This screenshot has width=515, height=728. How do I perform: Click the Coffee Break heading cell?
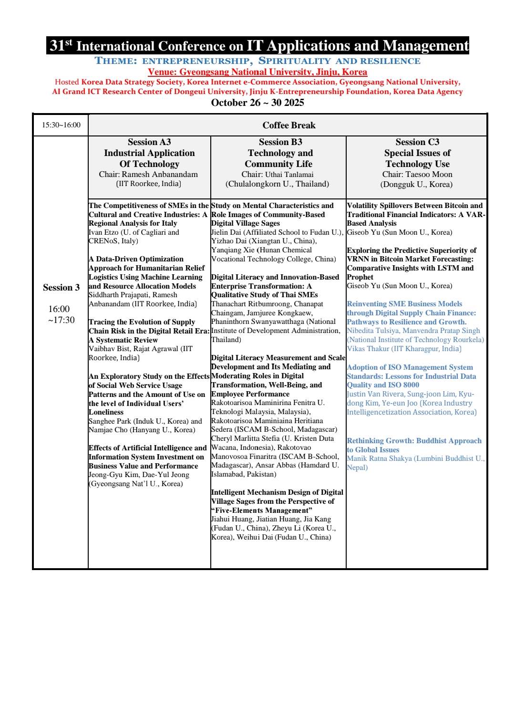288,125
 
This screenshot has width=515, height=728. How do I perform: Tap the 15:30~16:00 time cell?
61,125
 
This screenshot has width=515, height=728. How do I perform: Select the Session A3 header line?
149,142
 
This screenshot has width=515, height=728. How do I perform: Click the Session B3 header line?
280,142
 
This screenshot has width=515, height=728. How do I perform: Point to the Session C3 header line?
417,142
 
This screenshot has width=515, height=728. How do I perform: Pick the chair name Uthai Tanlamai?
289,174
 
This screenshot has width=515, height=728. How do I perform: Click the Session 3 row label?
61,287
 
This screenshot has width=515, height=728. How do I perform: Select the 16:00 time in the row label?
59,309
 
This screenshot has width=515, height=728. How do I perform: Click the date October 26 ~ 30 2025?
257,103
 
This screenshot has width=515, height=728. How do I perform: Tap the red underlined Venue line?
257,72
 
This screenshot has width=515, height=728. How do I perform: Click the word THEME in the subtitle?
116,61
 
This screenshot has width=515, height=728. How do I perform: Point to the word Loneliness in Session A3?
106,412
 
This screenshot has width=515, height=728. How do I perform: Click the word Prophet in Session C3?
360,277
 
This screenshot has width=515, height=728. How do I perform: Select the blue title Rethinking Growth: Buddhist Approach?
414,441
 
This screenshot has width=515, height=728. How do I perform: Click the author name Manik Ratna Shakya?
379,458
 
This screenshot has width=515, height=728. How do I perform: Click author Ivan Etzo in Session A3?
103,232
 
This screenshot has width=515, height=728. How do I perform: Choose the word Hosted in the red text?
67,82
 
